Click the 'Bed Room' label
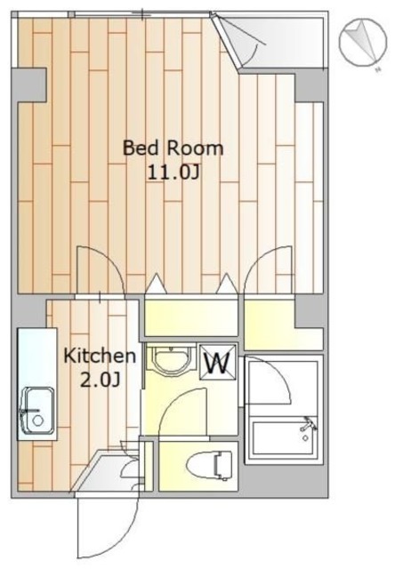[x=173, y=148]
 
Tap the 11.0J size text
[x=173, y=173]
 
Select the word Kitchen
[x=100, y=356]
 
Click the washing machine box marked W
[x=218, y=362]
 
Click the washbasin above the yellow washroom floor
[x=172, y=360]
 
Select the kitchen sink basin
[x=38, y=411]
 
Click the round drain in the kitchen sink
[x=37, y=421]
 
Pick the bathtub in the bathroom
[x=284, y=437]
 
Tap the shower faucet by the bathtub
[x=308, y=425]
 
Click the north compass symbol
[x=363, y=43]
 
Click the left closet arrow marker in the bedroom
[x=156, y=283]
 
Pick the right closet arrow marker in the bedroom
[x=227, y=283]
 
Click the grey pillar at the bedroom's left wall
[x=29, y=85]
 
